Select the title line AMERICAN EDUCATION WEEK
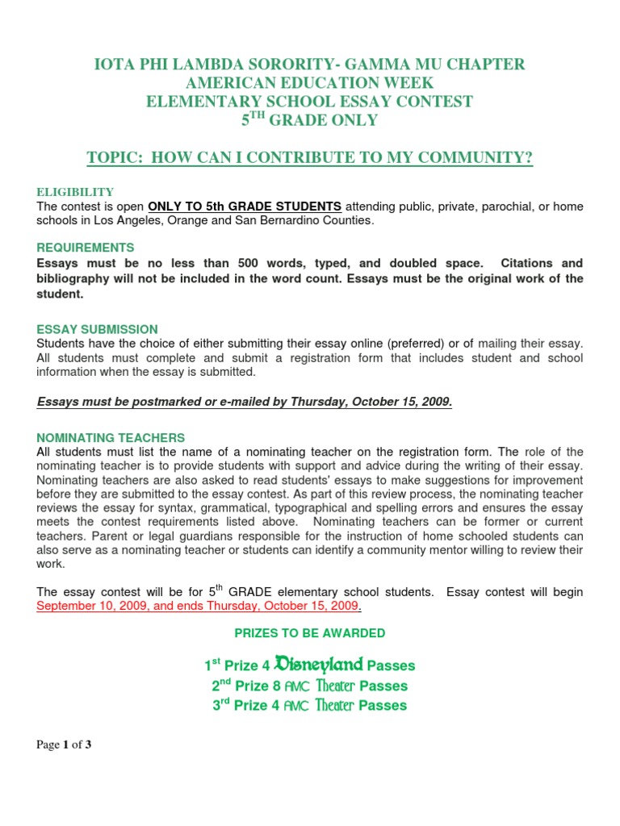point(310,83)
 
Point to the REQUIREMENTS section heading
point(86,248)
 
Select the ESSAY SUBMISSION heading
point(97,330)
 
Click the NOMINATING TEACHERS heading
point(111,438)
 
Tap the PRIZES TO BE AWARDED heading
point(310,633)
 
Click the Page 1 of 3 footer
point(64,745)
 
